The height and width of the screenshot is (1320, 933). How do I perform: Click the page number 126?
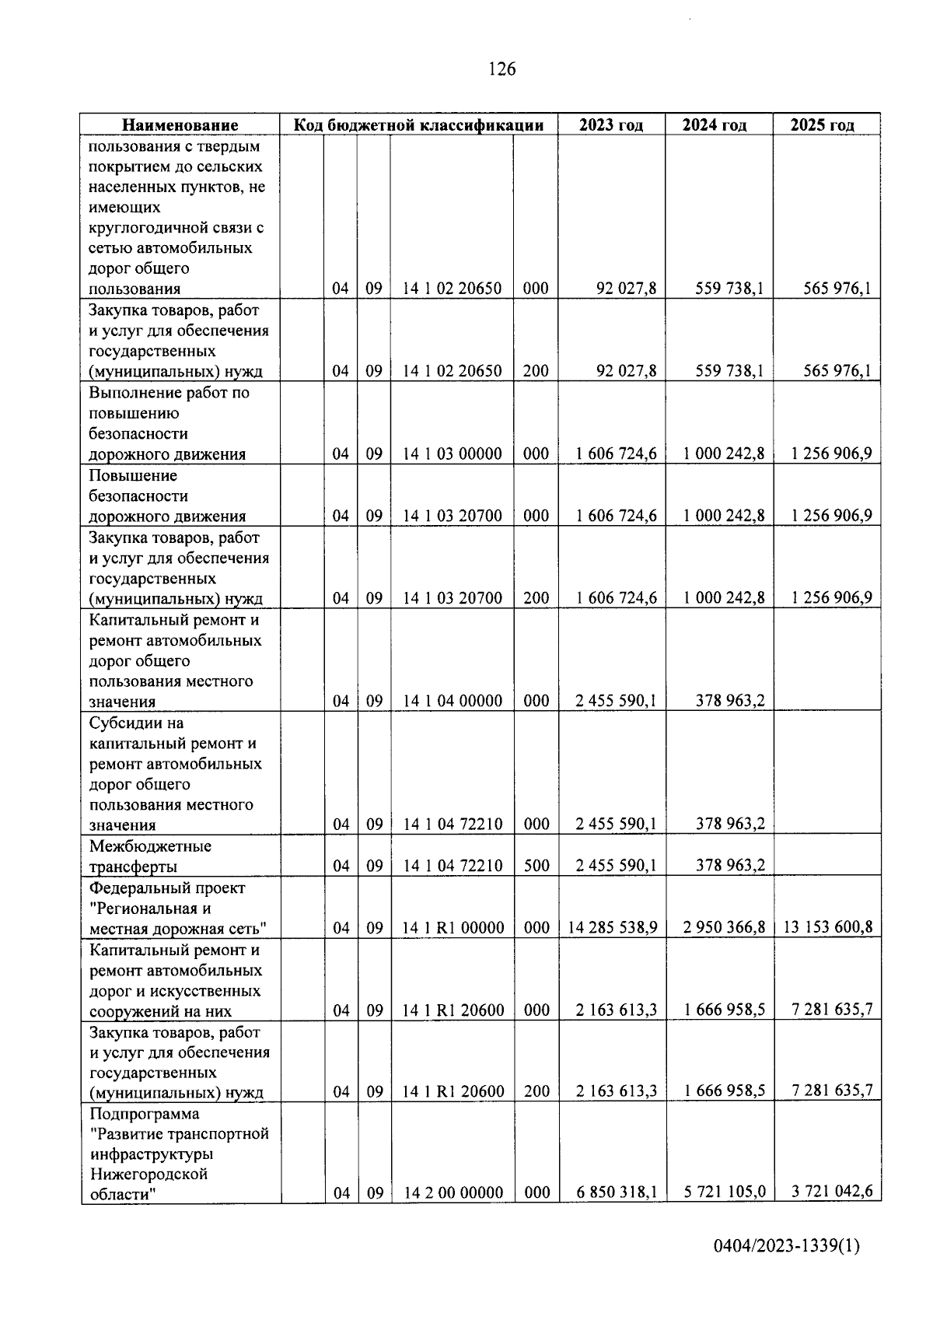[x=501, y=69]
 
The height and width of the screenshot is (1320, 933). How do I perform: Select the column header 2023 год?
[x=611, y=125]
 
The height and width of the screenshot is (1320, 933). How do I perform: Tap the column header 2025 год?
[x=822, y=125]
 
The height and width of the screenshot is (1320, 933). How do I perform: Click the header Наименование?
[x=180, y=125]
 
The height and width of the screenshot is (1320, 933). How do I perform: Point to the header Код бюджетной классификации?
[x=418, y=125]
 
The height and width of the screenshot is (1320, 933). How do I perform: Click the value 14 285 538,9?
[x=613, y=927]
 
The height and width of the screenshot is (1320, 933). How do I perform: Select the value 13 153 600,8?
[x=828, y=927]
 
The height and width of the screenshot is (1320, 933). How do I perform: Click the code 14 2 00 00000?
[x=453, y=1192]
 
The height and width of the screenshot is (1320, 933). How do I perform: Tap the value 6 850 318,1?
[x=616, y=1192]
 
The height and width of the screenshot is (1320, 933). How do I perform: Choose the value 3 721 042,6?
[x=831, y=1192]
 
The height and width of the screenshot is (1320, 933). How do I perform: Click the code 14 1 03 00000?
[x=452, y=453]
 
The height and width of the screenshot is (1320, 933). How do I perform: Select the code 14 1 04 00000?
[x=452, y=701]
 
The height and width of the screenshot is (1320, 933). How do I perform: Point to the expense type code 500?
[x=536, y=866]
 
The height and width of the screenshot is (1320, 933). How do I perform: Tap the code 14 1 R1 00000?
[x=453, y=928]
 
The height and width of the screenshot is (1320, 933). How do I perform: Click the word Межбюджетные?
[x=150, y=846]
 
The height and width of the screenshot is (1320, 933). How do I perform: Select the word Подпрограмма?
[x=144, y=1114]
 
